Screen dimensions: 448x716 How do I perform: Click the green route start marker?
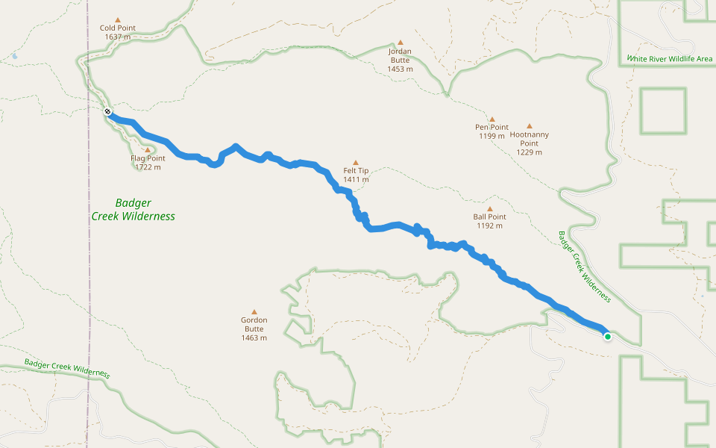tap(608, 337)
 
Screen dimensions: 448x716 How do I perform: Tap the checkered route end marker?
tap(108, 112)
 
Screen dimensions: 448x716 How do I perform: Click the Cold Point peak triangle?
tap(117, 20)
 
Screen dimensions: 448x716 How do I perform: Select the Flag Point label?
tap(148, 158)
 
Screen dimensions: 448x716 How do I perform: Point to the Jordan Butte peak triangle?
tap(400, 43)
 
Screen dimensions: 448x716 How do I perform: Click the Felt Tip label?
tap(356, 171)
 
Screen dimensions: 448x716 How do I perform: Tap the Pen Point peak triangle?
tap(492, 119)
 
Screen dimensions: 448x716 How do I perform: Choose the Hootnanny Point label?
tap(530, 139)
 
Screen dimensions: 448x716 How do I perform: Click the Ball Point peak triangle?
tap(489, 209)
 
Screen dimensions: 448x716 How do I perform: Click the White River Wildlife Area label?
tap(670, 58)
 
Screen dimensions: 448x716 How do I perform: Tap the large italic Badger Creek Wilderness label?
tap(133, 209)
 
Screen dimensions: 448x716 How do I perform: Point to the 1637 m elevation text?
tap(118, 37)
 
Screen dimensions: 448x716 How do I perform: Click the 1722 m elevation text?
tap(148, 167)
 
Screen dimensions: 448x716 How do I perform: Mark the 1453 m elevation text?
tap(400, 69)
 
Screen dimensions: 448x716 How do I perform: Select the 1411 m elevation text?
tap(356, 180)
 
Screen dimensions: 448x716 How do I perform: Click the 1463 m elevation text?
tap(254, 338)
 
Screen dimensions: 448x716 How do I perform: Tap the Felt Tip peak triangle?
tap(356, 162)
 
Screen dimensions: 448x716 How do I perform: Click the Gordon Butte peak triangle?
tap(254, 312)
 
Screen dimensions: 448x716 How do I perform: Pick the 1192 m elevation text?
tap(489, 226)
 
